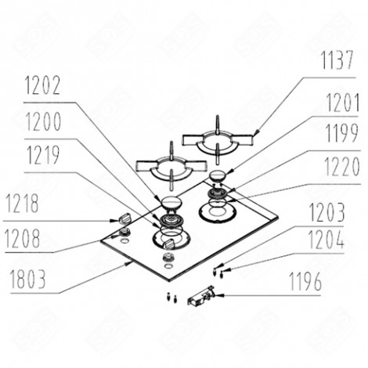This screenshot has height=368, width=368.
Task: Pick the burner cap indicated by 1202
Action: pos(168,204)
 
